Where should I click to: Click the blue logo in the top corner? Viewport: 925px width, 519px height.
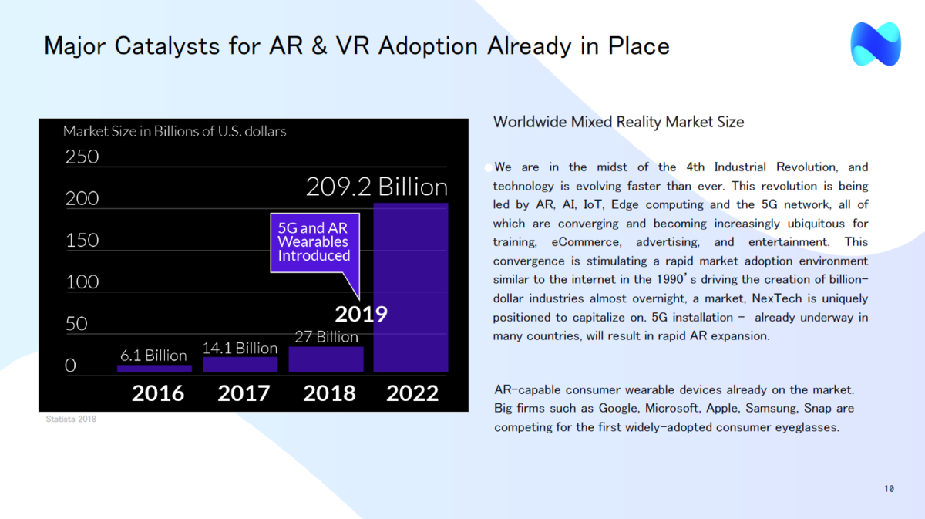[876, 44]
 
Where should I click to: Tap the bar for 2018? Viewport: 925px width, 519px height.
[325, 359]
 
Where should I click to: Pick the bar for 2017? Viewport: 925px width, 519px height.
[240, 365]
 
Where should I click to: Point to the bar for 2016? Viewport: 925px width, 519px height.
[154, 369]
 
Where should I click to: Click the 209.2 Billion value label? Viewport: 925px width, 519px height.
[376, 187]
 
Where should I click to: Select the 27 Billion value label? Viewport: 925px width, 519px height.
[326, 337]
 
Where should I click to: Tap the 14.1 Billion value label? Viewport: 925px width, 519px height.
[240, 348]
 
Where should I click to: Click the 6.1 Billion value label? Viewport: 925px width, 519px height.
[153, 356]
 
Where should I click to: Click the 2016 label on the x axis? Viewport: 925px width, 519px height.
[158, 393]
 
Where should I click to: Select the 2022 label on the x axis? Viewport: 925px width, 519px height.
[412, 393]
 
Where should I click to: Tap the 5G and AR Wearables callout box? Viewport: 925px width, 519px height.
[314, 242]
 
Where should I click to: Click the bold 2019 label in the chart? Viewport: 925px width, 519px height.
[361, 314]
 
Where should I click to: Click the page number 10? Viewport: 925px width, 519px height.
[889, 489]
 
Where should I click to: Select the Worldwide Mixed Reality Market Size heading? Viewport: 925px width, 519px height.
[618, 122]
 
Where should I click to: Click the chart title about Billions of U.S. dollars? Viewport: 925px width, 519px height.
[174, 131]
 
